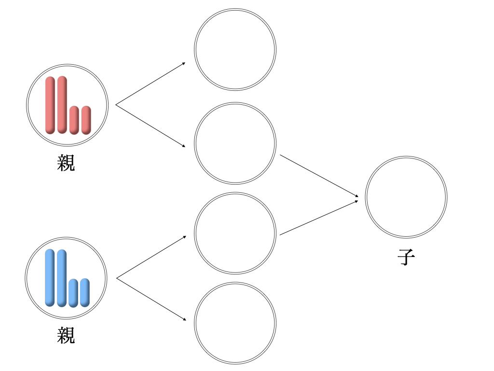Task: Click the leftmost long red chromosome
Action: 50,105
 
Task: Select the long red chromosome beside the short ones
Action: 62,105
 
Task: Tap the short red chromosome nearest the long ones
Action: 74,120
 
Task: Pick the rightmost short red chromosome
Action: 86,120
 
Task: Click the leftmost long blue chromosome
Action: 50,278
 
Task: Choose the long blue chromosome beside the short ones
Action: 62,278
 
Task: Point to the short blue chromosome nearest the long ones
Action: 73,293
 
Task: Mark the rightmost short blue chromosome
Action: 85,292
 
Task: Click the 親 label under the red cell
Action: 66,163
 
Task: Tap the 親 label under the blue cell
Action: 66,335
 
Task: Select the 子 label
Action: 406,257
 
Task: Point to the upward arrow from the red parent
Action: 151,84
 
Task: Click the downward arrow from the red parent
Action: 151,126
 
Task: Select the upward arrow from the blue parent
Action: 151,257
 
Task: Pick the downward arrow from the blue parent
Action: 151,299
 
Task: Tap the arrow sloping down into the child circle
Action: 319,176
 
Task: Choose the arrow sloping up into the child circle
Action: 319,218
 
